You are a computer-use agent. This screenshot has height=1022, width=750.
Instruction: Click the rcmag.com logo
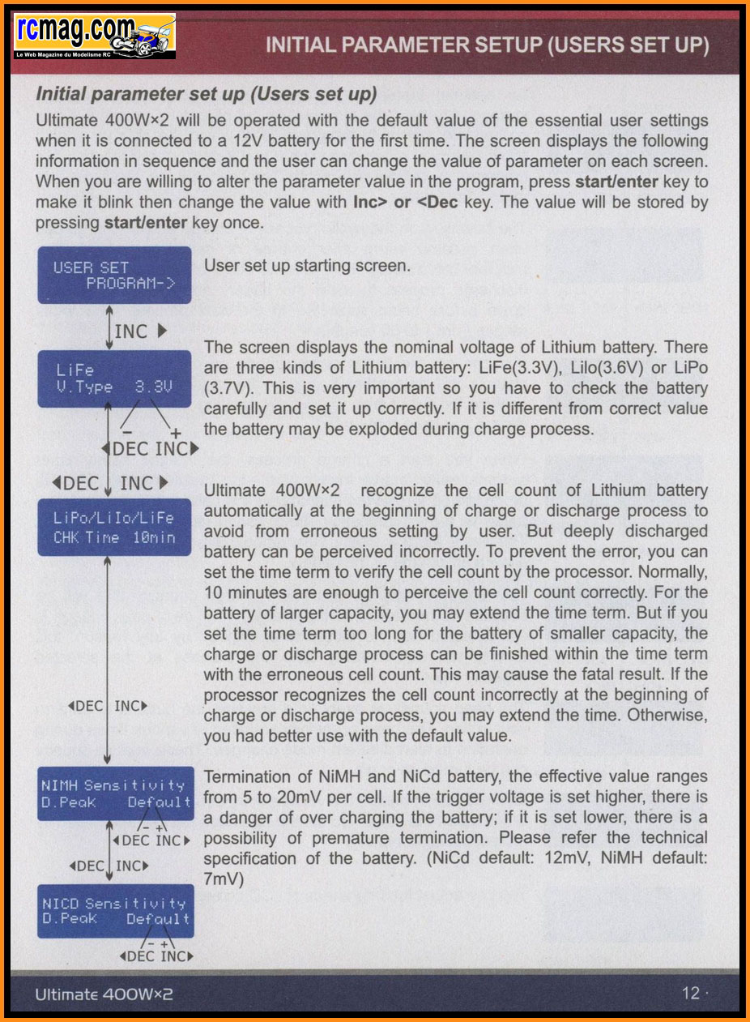(94, 36)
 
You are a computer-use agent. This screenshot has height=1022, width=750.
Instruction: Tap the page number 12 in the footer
(690, 993)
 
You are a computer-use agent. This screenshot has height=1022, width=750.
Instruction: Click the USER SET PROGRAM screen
(114, 276)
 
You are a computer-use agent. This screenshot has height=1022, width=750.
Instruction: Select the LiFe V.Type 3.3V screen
(114, 378)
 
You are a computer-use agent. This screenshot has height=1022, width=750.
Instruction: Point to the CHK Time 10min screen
(114, 528)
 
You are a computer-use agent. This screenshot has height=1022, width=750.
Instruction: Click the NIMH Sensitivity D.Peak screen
(116, 793)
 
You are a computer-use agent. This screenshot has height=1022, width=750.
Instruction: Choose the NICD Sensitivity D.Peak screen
(116, 911)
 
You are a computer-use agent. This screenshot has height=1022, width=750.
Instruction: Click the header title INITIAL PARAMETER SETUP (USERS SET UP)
(487, 45)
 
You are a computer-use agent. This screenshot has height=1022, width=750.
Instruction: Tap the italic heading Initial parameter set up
(207, 94)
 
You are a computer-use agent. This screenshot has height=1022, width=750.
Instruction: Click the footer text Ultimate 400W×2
(104, 994)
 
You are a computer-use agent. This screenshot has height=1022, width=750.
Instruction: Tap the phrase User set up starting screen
(307, 266)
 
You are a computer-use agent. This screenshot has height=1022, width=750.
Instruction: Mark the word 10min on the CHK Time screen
(154, 537)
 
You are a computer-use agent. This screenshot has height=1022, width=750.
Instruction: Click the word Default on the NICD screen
(158, 919)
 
